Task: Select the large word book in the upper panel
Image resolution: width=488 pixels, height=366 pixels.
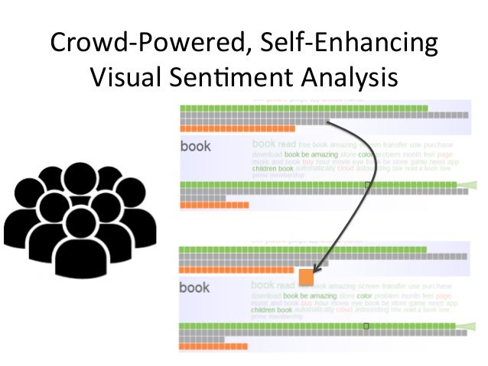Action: pyautogui.click(x=195, y=146)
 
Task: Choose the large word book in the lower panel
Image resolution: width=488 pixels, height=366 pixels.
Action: pyautogui.click(x=194, y=287)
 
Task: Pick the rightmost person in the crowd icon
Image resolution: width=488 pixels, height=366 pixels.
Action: pyautogui.click(x=135, y=214)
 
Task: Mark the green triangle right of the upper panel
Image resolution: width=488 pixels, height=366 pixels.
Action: pyautogui.click(x=467, y=184)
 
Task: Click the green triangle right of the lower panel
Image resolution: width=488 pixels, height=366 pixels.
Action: pyautogui.click(x=467, y=326)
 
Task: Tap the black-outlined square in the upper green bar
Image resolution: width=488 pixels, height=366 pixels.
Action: pyautogui.click(x=367, y=185)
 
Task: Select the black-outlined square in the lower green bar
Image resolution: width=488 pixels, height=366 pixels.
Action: pyautogui.click(x=366, y=326)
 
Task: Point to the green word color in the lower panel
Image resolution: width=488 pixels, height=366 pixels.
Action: pyautogui.click(x=364, y=296)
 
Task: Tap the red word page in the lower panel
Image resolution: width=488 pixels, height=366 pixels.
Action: pyautogui.click(x=444, y=296)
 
